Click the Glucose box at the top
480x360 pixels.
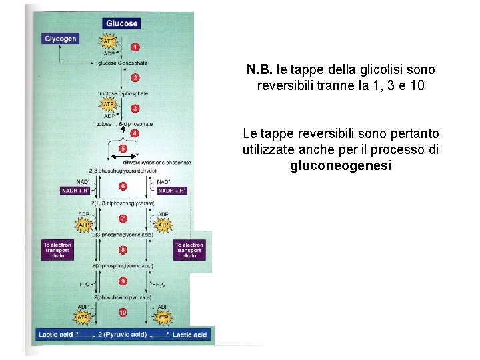pos(122,23)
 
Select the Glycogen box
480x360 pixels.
pos(61,39)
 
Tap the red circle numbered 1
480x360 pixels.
pos(135,47)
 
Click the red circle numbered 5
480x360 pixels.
pos(123,148)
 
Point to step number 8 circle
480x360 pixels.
pos(123,250)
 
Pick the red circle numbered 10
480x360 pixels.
pos(123,312)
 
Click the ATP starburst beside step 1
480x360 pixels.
pos(107,42)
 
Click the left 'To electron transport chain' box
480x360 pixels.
pos(58,250)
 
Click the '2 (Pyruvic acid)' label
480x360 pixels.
pos(123,335)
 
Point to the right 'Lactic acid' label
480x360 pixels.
pos(190,335)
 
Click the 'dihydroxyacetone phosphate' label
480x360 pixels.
pos(159,162)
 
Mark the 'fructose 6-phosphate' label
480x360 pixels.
pos(123,94)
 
